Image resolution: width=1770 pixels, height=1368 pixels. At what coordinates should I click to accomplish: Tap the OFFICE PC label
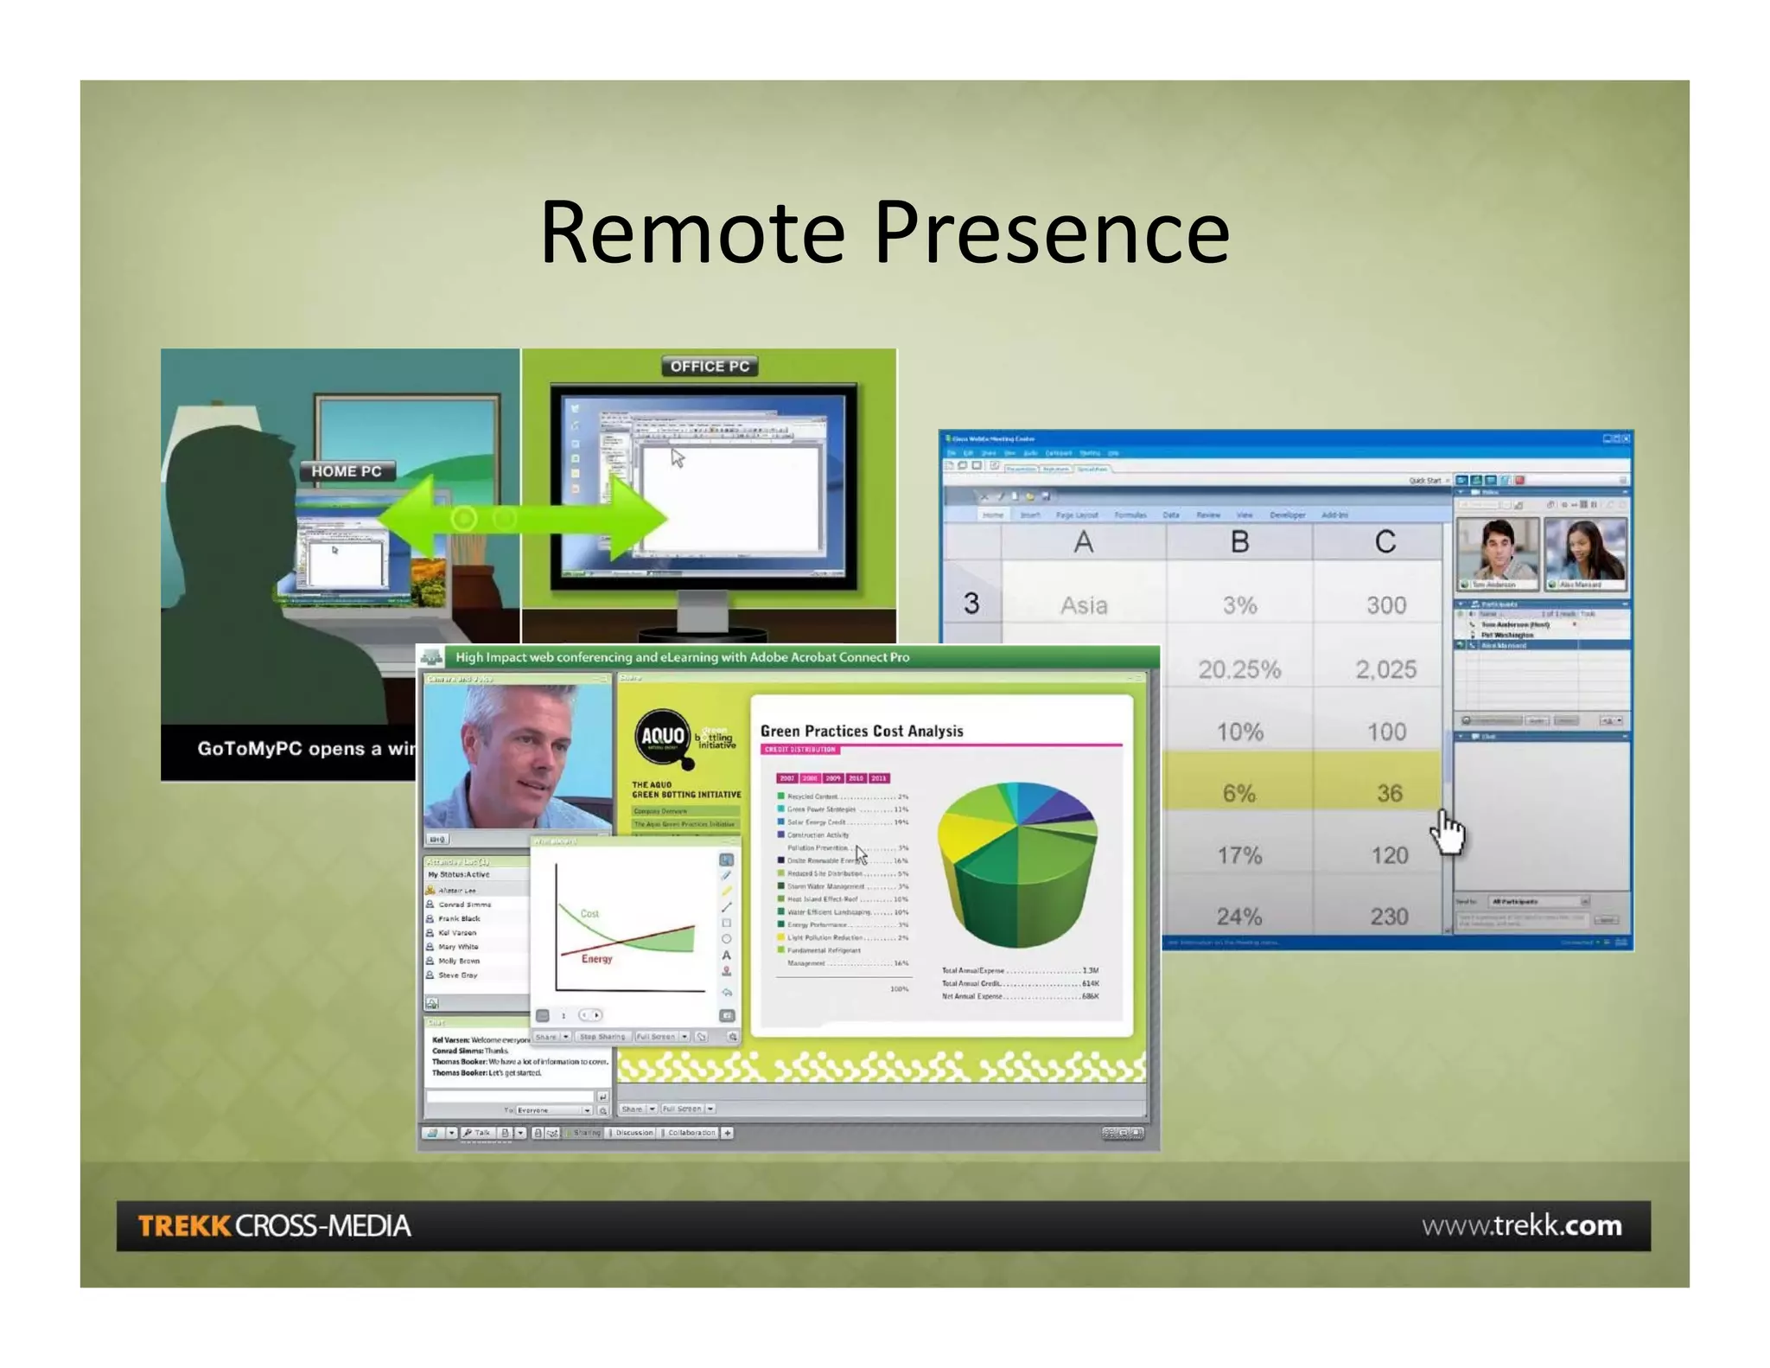point(710,367)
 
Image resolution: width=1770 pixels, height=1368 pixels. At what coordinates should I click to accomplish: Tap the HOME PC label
point(347,471)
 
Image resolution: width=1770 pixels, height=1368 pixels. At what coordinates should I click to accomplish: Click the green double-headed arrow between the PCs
point(522,519)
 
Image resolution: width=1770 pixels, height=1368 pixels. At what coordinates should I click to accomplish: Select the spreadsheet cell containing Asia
point(1084,605)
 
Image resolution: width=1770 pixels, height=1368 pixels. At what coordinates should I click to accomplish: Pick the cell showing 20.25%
point(1238,669)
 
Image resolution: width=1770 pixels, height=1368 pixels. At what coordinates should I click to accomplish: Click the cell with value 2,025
point(1385,669)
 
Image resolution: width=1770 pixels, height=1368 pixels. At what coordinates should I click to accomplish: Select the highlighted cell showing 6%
point(1238,793)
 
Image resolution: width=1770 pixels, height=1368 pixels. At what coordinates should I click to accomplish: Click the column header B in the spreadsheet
point(1239,542)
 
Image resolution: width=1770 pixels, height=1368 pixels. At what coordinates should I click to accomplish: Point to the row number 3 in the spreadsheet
point(971,604)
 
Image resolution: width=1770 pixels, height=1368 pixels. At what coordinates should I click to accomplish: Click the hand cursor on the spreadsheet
point(1448,832)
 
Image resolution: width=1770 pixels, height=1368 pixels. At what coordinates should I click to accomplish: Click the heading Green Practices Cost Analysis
point(862,731)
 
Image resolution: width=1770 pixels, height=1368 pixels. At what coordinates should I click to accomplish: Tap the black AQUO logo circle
point(663,737)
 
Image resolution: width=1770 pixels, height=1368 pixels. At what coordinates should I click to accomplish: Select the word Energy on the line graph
point(596,958)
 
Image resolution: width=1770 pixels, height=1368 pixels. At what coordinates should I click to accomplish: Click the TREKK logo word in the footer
point(184,1226)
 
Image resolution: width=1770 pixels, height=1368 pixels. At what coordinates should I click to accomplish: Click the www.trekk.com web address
point(1521,1225)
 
